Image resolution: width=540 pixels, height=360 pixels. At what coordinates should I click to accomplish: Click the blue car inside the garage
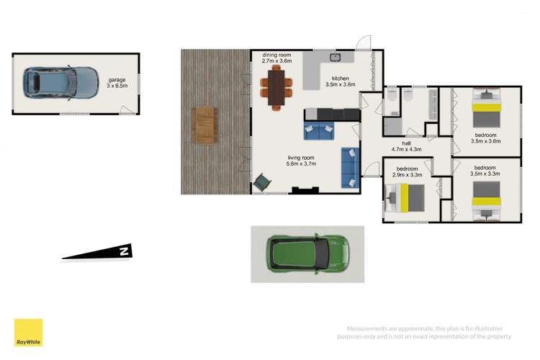pos(60,83)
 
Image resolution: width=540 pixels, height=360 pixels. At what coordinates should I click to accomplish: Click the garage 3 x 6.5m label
pos(117,83)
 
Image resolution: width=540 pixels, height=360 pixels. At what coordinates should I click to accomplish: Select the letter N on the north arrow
pos(124,251)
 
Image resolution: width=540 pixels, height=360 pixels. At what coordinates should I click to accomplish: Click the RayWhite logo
pos(28,333)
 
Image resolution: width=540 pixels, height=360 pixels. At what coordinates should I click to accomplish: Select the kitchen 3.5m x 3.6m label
pos(341,81)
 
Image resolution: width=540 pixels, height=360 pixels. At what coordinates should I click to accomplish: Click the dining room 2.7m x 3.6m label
pos(276,58)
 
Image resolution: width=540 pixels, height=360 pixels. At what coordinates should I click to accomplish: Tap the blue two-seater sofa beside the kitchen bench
pos(318,132)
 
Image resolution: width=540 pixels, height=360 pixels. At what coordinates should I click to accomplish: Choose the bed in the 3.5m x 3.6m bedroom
pos(487,108)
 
